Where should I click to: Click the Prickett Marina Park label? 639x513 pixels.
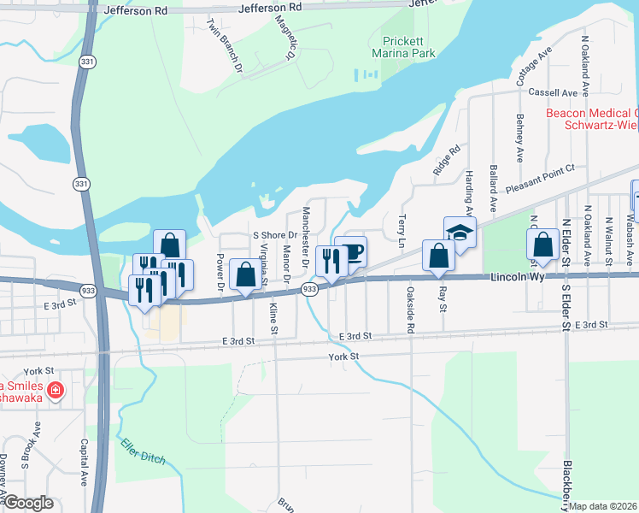click(409, 47)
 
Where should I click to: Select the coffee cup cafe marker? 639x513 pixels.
click(351, 252)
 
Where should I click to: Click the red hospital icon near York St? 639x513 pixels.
click(56, 391)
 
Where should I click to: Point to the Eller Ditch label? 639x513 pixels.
click(140, 452)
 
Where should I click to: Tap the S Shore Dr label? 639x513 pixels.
click(273, 235)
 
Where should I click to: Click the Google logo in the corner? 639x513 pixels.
click(29, 503)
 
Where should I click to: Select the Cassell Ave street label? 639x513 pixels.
click(553, 92)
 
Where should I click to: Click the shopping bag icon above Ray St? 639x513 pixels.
click(438, 256)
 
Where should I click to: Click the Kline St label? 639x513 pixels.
click(273, 318)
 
